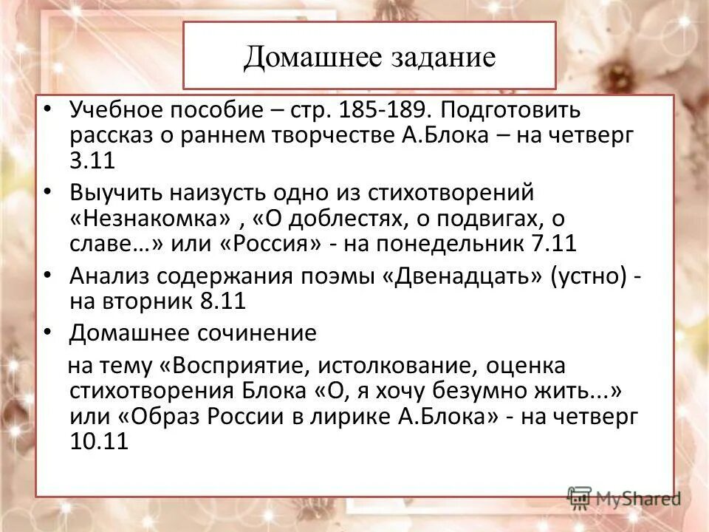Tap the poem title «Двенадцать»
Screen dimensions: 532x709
click(x=463, y=276)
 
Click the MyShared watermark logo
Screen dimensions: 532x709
click(x=625, y=499)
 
